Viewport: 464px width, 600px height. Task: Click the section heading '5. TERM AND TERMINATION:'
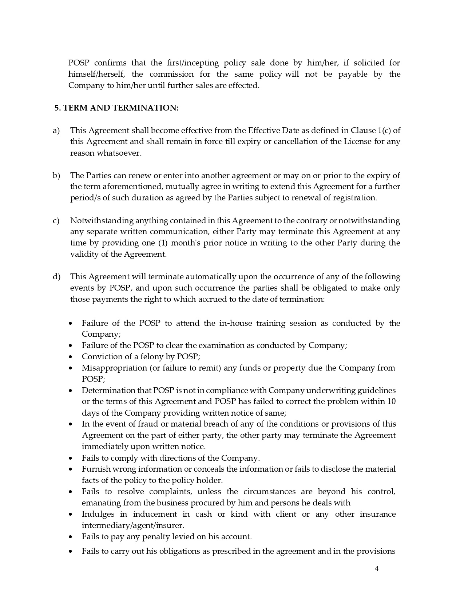pyautogui.click(x=116, y=108)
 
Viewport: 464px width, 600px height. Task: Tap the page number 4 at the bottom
pyautogui.click(x=377, y=569)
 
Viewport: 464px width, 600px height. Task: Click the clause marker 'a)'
pyautogui.click(x=56, y=131)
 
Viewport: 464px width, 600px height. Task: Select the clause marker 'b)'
pyautogui.click(x=56, y=176)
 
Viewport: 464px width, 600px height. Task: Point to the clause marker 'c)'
pyautogui.click(x=56, y=221)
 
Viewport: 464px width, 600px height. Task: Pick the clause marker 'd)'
pyautogui.click(x=56, y=277)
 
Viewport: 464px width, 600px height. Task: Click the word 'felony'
pyautogui.click(x=151, y=356)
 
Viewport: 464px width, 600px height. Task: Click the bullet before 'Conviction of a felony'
pyautogui.click(x=71, y=357)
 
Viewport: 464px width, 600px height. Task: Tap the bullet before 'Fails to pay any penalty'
pyautogui.click(x=71, y=537)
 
